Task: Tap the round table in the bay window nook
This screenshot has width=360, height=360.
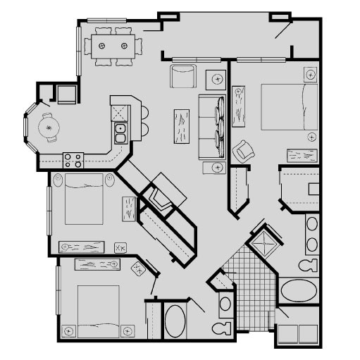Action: pos(49,128)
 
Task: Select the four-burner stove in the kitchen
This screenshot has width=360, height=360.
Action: pos(73,160)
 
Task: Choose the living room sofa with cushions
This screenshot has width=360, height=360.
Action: pos(212,125)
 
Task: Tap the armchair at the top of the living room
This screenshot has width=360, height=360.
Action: pos(182,76)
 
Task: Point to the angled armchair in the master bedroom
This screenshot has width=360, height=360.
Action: pos(243,150)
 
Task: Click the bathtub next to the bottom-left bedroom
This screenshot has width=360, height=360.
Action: pos(175,321)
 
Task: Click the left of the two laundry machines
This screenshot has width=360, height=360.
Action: pos(287,335)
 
